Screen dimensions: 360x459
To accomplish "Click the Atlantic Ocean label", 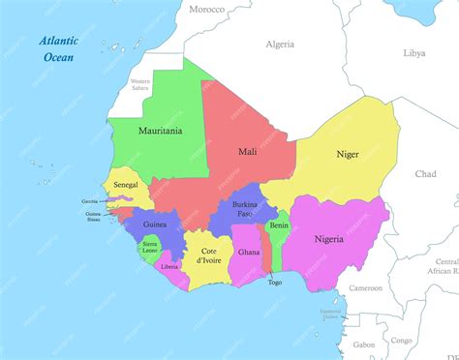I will tap(60, 48).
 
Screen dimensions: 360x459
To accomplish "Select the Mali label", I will tap(247, 152).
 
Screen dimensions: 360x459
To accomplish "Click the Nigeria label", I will tap(328, 238).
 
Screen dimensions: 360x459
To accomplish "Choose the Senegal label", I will tap(126, 184).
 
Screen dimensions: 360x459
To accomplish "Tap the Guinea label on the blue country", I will tap(155, 225).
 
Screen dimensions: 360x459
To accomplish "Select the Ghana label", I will tap(249, 252).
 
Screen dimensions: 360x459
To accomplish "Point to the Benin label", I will tap(279, 225).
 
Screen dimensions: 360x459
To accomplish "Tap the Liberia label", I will tap(169, 266).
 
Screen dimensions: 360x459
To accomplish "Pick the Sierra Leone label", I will tap(150, 248).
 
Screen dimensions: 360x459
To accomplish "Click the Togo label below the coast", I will tap(275, 283).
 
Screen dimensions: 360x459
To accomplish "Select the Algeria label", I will tap(280, 45).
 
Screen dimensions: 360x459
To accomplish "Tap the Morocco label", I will tap(205, 9).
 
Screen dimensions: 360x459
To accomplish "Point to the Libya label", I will tap(413, 53).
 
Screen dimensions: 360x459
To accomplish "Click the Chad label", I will tap(425, 174).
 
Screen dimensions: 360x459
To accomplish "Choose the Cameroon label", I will tap(366, 287).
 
